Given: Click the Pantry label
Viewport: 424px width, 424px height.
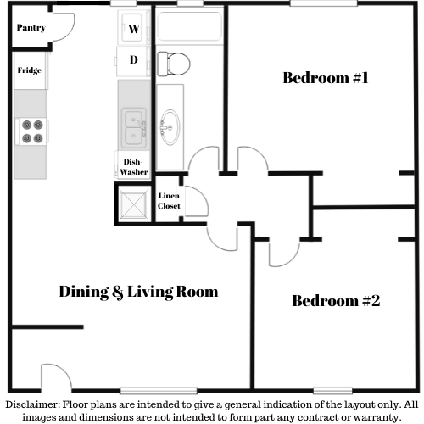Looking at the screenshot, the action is click(x=31, y=28).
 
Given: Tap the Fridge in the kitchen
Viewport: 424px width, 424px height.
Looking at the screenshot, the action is click(x=30, y=70).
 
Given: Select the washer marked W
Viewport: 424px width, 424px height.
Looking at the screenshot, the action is click(x=133, y=27).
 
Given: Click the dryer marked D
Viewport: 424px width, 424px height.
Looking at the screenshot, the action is click(x=133, y=61).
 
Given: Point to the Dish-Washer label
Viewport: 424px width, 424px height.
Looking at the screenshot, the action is click(x=133, y=167).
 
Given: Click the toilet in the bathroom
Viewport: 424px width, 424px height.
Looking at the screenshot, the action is click(x=174, y=64).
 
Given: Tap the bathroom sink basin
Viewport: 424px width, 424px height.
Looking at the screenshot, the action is click(x=170, y=127).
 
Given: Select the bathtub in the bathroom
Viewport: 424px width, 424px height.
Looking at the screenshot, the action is click(x=190, y=26).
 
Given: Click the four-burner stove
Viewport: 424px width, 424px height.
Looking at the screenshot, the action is click(x=31, y=131).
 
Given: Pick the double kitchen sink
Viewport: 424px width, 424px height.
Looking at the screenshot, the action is click(x=134, y=128).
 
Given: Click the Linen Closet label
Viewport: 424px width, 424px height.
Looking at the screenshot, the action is click(x=169, y=201).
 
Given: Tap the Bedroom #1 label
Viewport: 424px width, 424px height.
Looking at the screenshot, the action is click(x=326, y=78).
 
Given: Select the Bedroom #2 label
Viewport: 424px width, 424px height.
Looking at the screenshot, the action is click(x=336, y=301).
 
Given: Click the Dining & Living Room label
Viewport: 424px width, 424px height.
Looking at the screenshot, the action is click(x=138, y=292).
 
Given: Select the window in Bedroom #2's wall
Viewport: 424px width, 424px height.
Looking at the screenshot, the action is click(x=332, y=391).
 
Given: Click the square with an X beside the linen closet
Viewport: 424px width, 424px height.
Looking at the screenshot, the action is click(x=133, y=204).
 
